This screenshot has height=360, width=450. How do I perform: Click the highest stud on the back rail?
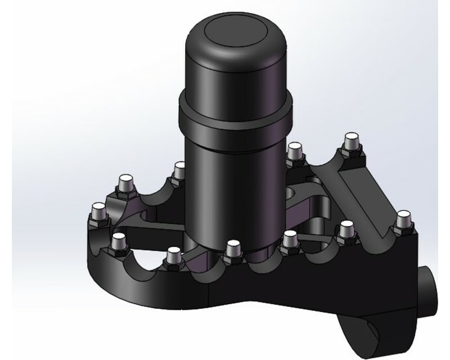click(x=352, y=141)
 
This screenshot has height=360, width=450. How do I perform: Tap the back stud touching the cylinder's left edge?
click(x=179, y=170)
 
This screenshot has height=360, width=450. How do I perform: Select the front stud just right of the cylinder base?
click(x=290, y=239)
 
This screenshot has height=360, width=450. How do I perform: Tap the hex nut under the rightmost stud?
click(x=403, y=230)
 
